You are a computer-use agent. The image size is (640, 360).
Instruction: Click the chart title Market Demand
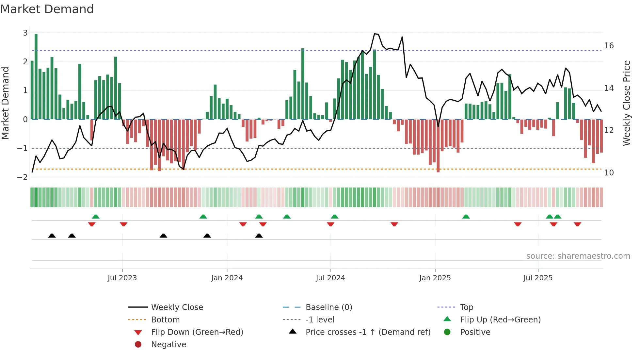(47, 9)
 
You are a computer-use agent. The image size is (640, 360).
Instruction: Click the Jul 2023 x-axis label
(122, 278)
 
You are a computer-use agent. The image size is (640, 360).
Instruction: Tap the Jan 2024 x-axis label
(227, 278)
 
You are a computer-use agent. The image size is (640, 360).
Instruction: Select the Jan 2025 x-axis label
(435, 278)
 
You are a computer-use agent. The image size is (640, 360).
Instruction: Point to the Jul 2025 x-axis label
(538, 278)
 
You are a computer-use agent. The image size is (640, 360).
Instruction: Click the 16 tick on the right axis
(609, 46)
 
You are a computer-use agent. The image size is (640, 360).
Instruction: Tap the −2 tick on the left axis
(22, 177)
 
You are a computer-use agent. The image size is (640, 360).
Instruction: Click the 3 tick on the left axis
(25, 33)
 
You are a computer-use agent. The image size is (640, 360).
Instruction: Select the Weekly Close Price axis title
(626, 103)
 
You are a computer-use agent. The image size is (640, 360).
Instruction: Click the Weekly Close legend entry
(177, 307)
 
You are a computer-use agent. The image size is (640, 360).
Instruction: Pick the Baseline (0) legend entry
(328, 307)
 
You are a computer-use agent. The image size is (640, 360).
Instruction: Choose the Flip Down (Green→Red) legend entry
(197, 332)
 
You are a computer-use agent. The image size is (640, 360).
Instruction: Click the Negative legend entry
(168, 345)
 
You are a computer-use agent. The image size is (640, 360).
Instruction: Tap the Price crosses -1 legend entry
(368, 332)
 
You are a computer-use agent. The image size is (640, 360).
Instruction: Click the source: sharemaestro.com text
(578, 256)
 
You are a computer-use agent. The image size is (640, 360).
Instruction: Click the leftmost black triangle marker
(52, 236)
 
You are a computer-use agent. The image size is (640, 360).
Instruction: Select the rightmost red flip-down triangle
(577, 224)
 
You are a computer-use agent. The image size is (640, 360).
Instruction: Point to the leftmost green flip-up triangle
(95, 217)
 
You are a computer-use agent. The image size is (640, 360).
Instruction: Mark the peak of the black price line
(375, 34)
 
